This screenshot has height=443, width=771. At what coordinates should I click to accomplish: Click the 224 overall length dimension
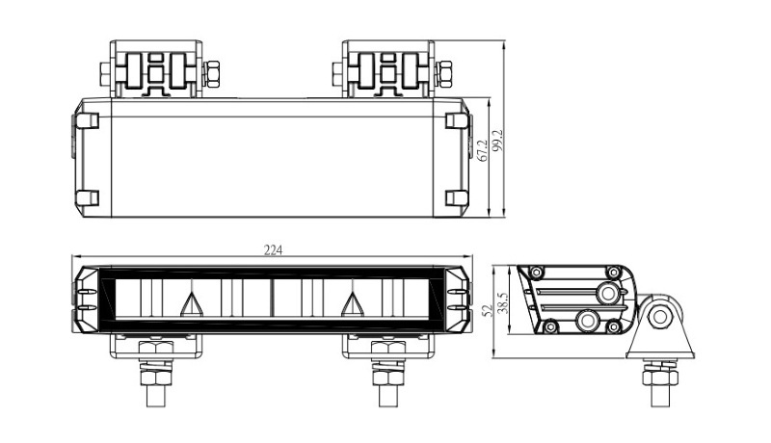pyautogui.click(x=273, y=250)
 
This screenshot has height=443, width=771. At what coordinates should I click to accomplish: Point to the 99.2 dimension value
pyautogui.click(x=498, y=141)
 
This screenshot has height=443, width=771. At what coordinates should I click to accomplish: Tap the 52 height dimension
pyautogui.click(x=488, y=310)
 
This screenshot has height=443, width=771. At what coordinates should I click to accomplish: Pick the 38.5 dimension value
pyautogui.click(x=501, y=302)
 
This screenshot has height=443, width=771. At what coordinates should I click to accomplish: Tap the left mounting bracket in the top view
pyautogui.click(x=155, y=68)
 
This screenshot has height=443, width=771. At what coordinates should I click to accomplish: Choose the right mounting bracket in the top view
pyautogui.click(x=387, y=68)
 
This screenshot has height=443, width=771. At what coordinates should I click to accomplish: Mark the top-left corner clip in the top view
pyautogui.click(x=87, y=121)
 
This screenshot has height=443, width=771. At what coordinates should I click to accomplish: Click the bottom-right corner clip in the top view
pyautogui.click(x=456, y=198)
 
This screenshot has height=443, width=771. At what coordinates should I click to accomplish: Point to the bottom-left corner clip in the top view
pyautogui.click(x=87, y=198)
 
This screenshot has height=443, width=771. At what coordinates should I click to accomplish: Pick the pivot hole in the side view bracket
pyautogui.click(x=660, y=315)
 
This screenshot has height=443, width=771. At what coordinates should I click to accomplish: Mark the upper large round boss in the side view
pyautogui.click(x=608, y=291)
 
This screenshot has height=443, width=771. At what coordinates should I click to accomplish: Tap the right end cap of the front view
pyautogui.click(x=459, y=296)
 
